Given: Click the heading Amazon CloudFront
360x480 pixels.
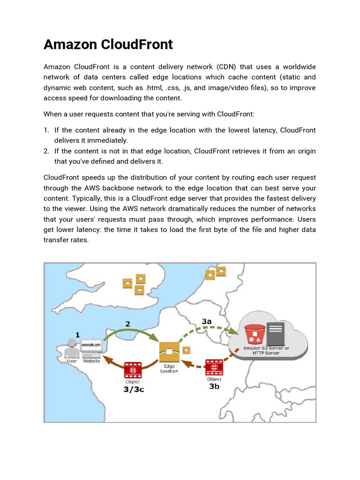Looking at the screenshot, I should pos(108,45).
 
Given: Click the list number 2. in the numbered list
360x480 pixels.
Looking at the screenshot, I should pos(46,151).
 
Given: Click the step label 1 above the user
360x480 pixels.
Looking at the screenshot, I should pos(77,335).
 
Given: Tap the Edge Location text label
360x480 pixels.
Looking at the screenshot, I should pos(169,368).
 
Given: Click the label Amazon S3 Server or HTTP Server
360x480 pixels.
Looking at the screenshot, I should pos(266,351).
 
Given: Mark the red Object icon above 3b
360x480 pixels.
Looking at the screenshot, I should pos(214,367).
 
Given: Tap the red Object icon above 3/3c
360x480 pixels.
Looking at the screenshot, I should pos(133,370).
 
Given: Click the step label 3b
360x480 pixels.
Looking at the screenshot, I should pos(214,387).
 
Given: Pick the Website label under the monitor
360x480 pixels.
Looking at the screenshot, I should pos(91,361).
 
